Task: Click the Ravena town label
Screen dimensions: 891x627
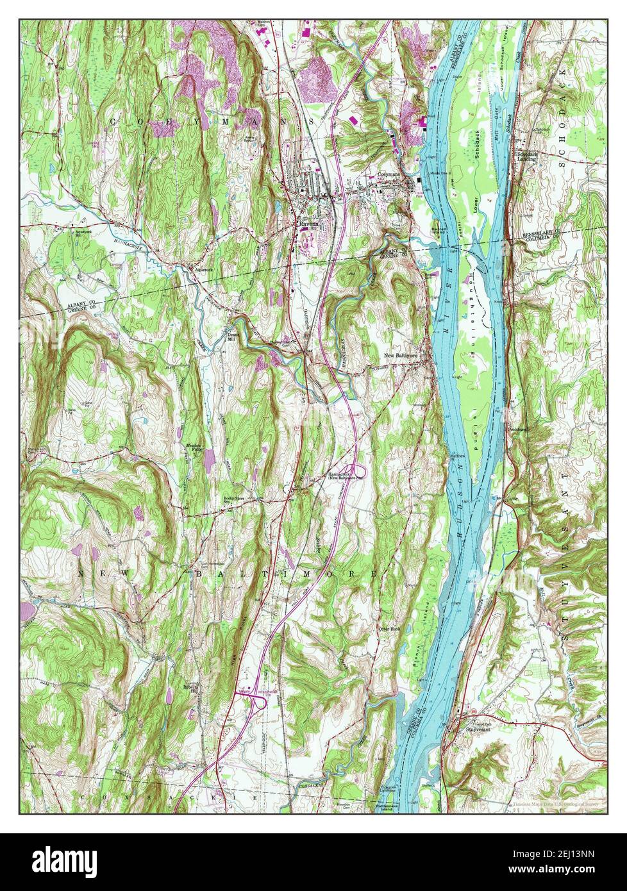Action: pos(307,224)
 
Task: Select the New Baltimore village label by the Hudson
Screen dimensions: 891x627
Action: pos(402,355)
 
